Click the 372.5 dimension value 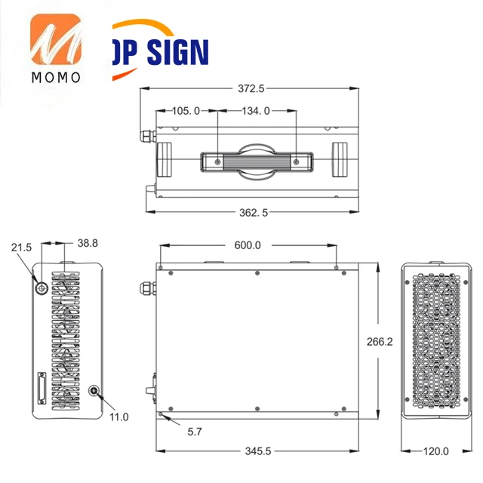pyautogui.click(x=251, y=89)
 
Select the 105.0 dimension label pyautogui.click(x=186, y=111)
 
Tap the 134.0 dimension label pyautogui.click(x=256, y=111)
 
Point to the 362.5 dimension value pyautogui.click(x=254, y=213)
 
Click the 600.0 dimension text pyautogui.click(x=248, y=245)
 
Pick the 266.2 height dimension pyautogui.click(x=380, y=342)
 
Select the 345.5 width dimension pyautogui.click(x=258, y=451)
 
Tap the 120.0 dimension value pyautogui.click(x=436, y=451)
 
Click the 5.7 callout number pyautogui.click(x=195, y=432)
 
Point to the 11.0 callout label pyautogui.click(x=119, y=417)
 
